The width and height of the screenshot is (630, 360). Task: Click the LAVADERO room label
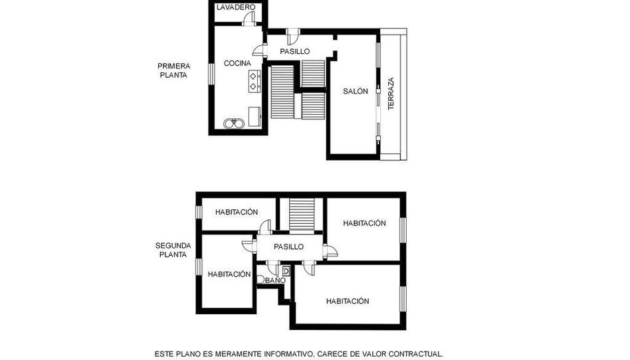[x=235, y=7]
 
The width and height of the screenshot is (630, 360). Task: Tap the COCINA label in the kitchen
[x=237, y=63]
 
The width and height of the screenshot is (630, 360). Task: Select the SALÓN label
[x=355, y=91]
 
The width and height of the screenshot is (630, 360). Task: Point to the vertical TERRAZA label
[x=391, y=93]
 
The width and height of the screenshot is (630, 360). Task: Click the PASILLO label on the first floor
[x=295, y=51]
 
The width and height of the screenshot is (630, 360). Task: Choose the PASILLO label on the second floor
[x=288, y=246]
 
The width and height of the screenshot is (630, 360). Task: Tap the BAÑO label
[x=276, y=280]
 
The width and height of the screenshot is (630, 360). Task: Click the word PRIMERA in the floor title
[x=173, y=66]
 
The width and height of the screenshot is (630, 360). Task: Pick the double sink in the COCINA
[x=234, y=123]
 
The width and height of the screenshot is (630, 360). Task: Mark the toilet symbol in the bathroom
[x=260, y=279]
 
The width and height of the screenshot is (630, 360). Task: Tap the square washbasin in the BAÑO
[x=286, y=271]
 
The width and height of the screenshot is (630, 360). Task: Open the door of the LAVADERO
[x=250, y=18]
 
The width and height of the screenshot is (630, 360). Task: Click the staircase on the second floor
[x=302, y=215]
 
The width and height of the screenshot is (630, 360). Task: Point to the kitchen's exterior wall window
[x=211, y=74]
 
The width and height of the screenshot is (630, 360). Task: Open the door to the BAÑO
[x=273, y=268]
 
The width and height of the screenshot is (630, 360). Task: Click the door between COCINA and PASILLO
[x=259, y=50]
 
